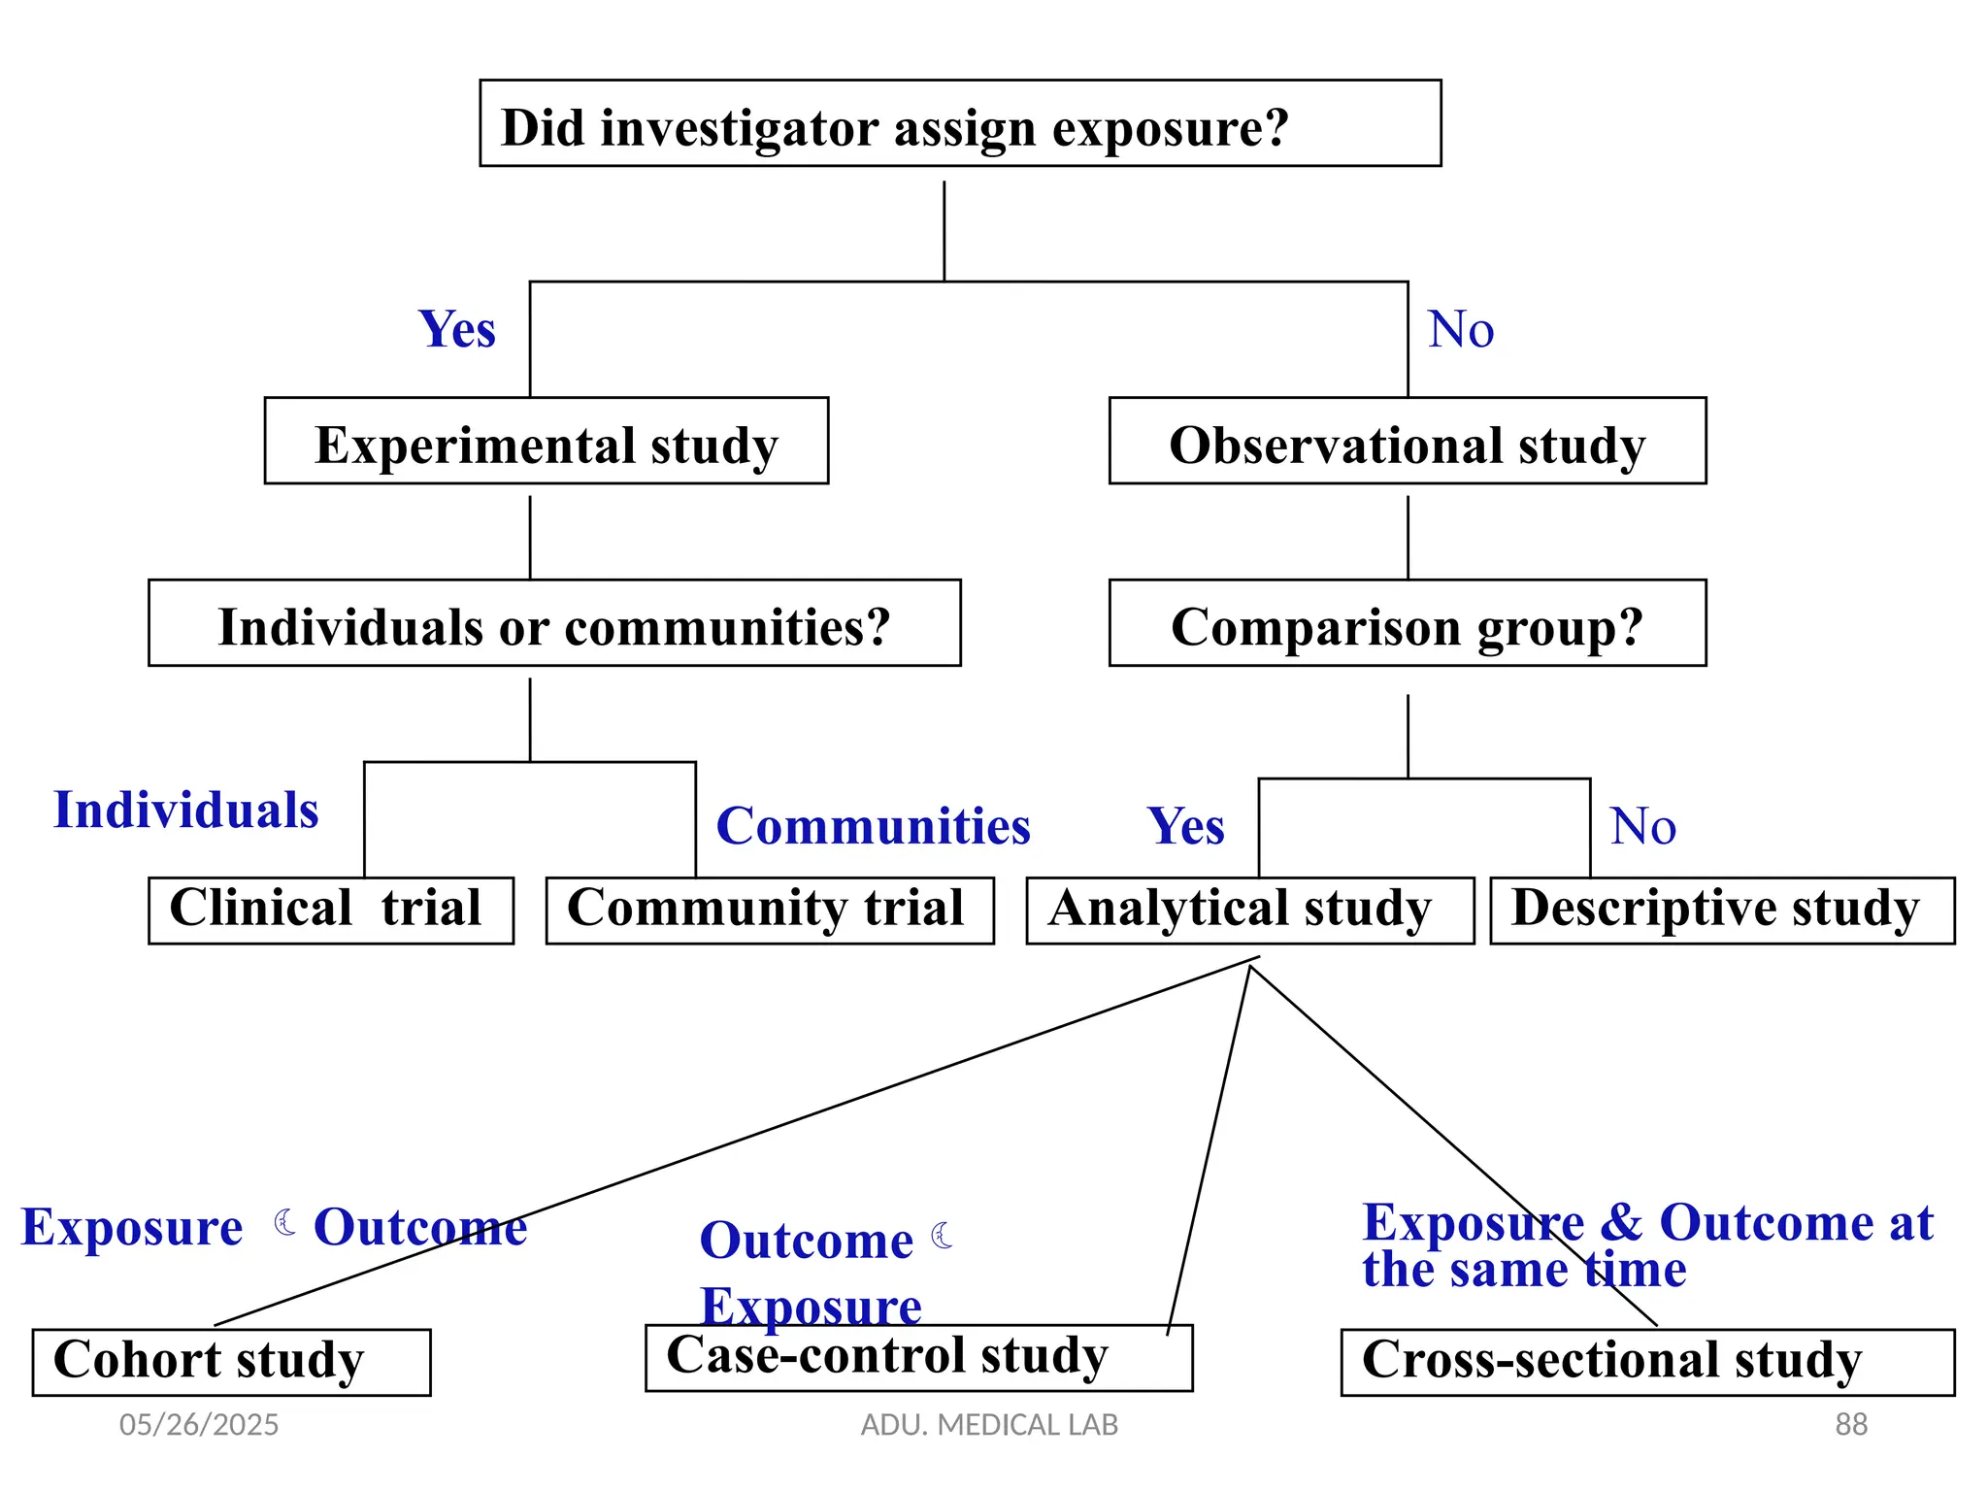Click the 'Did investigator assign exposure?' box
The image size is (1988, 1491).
(959, 124)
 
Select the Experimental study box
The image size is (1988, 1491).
(546, 442)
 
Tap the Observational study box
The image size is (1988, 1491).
(1407, 442)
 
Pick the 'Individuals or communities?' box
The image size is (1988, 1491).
(554, 624)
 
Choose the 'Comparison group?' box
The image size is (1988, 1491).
(1407, 624)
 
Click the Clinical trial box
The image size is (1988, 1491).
(330, 911)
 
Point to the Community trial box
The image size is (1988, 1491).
(769, 911)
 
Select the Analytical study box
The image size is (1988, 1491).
(1249, 911)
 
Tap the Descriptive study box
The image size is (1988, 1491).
(1721, 911)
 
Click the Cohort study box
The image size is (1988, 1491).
(231, 1362)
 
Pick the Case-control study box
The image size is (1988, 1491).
(917, 1358)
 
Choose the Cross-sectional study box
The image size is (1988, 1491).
(1646, 1362)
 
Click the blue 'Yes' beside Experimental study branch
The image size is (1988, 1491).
(456, 329)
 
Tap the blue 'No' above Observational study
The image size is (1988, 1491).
(1460, 329)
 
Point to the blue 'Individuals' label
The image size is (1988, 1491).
(185, 811)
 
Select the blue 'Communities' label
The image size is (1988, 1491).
(873, 826)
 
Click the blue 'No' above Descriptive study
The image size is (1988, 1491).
(1642, 826)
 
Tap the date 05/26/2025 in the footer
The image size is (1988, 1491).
(198, 1424)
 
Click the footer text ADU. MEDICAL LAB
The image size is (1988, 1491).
(989, 1424)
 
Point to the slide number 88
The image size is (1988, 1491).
(1850, 1424)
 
